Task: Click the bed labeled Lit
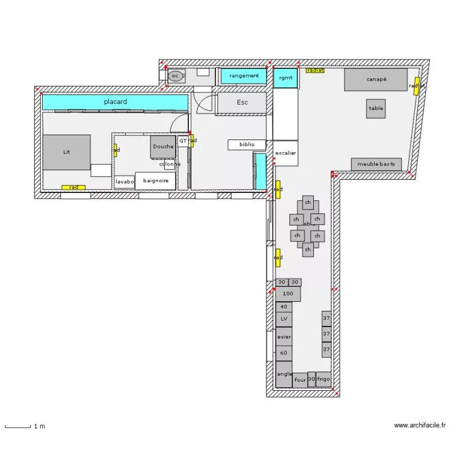[66, 152]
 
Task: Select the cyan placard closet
[114, 102]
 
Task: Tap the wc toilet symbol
[175, 76]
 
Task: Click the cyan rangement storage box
[244, 76]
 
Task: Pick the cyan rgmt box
[286, 78]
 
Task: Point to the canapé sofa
[376, 79]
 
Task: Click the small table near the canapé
[376, 109]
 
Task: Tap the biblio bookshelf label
[247, 145]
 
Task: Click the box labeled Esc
[242, 103]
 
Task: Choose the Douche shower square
[162, 147]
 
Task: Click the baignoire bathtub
[156, 180]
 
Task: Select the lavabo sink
[124, 182]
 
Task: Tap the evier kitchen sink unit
[284, 337]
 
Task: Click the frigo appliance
[324, 379]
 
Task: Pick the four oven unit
[300, 380]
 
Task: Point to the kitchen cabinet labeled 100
[287, 294]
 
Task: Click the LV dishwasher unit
[284, 319]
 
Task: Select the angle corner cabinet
[284, 374]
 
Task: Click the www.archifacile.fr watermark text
[420, 426]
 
